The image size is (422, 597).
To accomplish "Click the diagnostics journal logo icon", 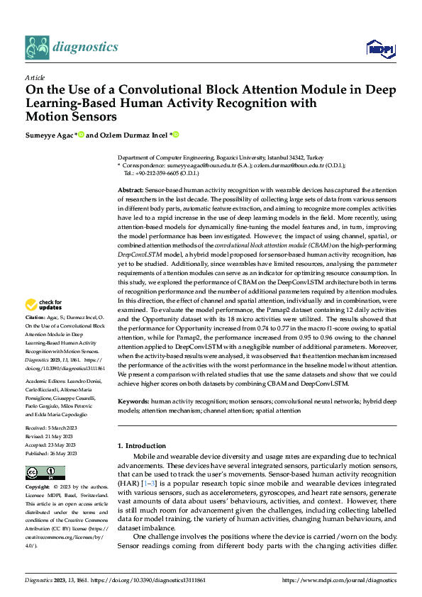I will point(37,47).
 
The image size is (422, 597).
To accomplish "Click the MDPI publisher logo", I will point(378,48).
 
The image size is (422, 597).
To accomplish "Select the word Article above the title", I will point(35,77).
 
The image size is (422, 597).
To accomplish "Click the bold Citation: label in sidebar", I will point(35,318).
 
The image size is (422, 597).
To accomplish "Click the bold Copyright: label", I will point(38,488).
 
